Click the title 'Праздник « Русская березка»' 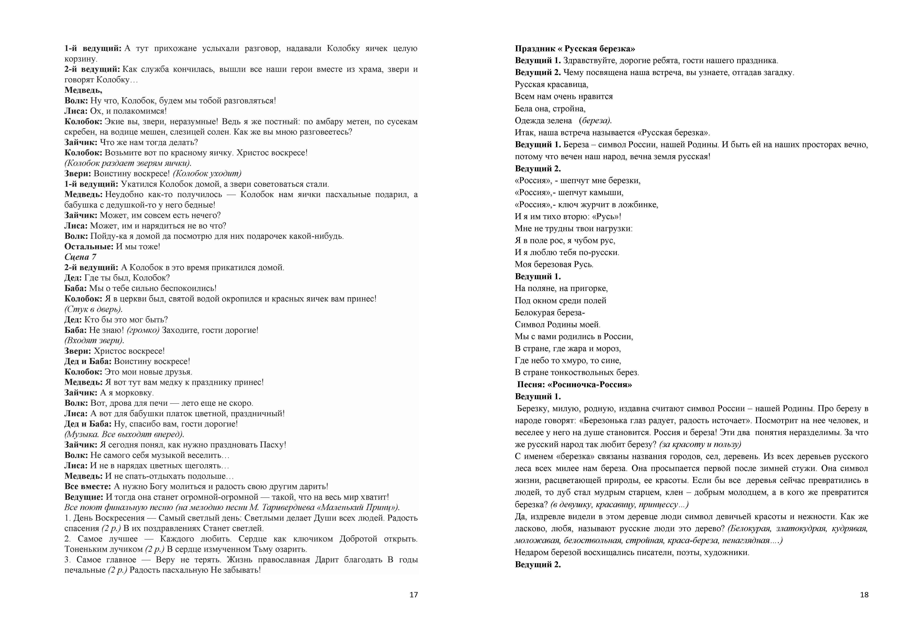[575, 49]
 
